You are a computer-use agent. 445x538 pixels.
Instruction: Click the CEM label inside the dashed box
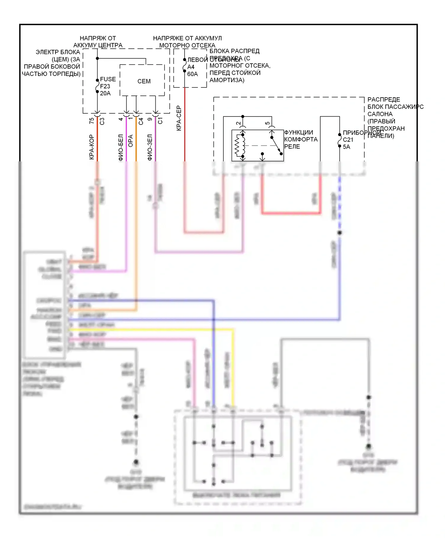[x=144, y=81]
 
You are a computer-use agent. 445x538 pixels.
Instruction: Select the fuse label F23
[x=105, y=86]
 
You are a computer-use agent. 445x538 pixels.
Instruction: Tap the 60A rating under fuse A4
[x=193, y=74]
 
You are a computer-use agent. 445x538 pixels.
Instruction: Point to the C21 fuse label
[x=348, y=140]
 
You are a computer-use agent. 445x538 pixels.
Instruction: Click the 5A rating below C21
[x=347, y=147]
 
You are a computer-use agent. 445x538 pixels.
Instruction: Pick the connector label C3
[x=102, y=121]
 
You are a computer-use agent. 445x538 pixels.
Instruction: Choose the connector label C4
[x=141, y=121]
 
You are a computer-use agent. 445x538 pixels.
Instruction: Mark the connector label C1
[x=160, y=121]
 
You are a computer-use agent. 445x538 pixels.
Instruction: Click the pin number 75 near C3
[x=92, y=121]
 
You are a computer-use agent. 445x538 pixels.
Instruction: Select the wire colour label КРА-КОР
[x=92, y=147]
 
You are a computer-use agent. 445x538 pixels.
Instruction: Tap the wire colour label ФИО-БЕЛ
[x=121, y=147]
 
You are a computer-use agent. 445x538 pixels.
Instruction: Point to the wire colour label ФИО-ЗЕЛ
[x=150, y=147]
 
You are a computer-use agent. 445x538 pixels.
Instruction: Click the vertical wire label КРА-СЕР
[x=179, y=118]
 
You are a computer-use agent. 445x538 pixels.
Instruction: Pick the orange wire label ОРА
[x=131, y=141]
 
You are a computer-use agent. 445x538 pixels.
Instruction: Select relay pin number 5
[x=268, y=123]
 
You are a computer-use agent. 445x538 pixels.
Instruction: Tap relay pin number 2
[x=239, y=123]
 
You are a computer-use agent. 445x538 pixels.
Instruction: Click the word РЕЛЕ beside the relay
[x=292, y=147]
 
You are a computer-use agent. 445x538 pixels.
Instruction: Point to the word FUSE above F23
[x=108, y=79]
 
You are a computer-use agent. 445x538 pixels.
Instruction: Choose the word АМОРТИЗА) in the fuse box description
[x=227, y=80]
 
